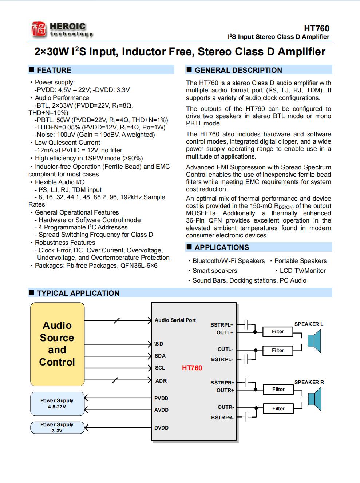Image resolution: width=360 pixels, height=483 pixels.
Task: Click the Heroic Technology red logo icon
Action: point(39,29)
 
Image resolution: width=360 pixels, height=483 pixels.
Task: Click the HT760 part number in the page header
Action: point(316,28)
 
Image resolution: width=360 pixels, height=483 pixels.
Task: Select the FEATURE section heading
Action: point(54,70)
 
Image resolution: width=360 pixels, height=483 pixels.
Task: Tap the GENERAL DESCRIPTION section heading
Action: point(238,70)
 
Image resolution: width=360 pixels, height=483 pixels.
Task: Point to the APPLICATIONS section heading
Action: point(222,247)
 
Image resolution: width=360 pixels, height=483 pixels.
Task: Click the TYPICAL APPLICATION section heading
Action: point(78,293)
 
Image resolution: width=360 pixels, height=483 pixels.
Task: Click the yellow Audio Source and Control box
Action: point(57,344)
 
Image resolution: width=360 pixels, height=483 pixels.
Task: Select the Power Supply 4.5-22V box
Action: point(57,403)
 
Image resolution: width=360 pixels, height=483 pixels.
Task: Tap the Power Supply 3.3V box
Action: point(57,427)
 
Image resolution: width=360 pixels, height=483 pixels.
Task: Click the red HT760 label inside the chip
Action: point(192,368)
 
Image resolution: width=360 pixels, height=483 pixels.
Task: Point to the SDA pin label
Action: point(160,356)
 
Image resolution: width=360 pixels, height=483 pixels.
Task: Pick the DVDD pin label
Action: point(161,428)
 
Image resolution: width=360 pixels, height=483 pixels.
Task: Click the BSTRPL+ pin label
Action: point(222,325)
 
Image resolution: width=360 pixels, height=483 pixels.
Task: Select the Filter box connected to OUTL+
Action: point(278,331)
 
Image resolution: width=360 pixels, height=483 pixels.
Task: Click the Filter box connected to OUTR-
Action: point(278,408)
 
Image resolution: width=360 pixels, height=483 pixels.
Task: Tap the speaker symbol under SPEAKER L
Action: point(314,341)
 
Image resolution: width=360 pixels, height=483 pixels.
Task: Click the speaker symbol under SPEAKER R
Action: point(314,399)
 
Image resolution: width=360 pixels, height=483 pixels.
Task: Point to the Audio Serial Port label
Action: point(175,320)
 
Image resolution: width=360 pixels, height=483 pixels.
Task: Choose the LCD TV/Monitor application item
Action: point(302,271)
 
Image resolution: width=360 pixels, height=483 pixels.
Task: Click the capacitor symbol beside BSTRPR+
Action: point(247,382)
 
